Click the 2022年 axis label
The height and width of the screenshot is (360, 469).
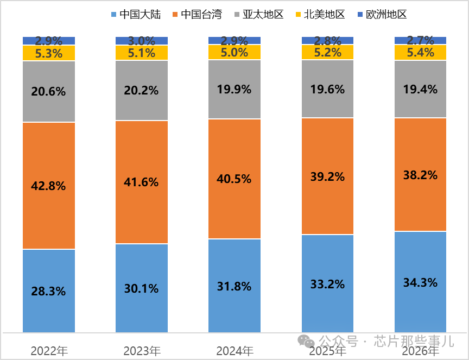pos(49,351)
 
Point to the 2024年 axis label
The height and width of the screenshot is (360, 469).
pos(234,351)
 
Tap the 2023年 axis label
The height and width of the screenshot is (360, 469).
pos(142,351)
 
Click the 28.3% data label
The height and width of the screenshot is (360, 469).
pos(49,290)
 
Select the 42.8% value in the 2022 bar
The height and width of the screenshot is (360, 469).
pos(49,186)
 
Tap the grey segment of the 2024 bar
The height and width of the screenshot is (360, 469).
pos(234,90)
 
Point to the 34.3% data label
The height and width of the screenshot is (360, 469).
pos(420,282)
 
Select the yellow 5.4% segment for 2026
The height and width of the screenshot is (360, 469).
pos(420,53)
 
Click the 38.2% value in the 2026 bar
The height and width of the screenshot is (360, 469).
pos(420,175)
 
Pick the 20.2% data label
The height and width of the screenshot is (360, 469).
pos(142,90)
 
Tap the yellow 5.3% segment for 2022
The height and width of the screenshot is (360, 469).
pos(49,53)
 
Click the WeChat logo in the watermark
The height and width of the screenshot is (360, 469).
pos(307,342)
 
